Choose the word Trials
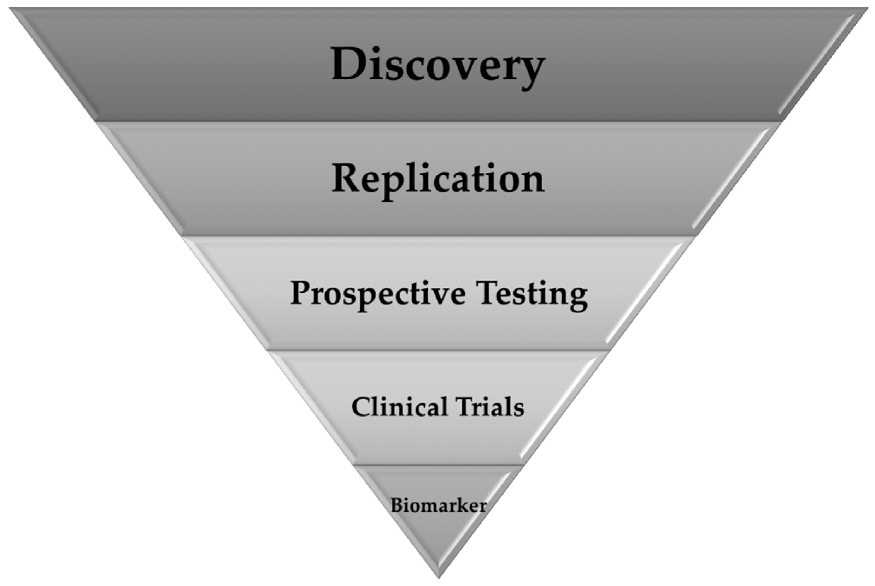point(490,407)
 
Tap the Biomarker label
point(439,506)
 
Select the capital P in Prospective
point(301,293)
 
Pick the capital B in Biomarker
point(397,506)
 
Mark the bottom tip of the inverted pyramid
point(439,576)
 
